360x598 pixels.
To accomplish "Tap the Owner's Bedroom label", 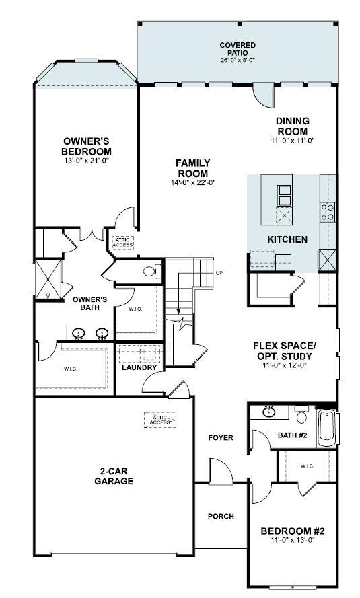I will coord(86,146).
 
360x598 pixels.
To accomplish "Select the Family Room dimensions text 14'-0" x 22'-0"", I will coord(192,182).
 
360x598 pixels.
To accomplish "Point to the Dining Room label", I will coord(292,126).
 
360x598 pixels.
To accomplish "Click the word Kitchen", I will coord(287,239).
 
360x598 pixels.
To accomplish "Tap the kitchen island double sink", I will coord(285,194).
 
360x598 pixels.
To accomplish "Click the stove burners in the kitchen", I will coord(328,213).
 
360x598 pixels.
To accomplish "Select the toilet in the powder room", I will coord(153,270).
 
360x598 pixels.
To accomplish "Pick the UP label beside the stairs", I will coord(219,273).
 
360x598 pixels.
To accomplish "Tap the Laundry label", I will coord(139,368).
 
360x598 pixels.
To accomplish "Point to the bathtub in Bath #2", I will coord(327,424).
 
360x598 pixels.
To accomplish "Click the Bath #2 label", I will coord(292,436).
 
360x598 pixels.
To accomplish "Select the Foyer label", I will coord(221,438).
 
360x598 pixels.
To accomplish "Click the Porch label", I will coord(221,517).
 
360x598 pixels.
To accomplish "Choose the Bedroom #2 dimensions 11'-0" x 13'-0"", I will coord(292,540).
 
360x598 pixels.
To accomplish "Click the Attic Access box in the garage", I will coord(159,419).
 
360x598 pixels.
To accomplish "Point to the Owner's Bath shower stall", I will coord(48,278).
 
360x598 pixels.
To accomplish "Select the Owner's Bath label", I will coord(90,304).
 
